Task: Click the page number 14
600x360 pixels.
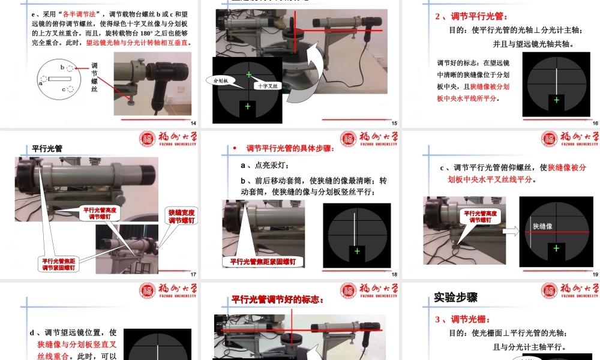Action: pyautogui.click(x=194, y=124)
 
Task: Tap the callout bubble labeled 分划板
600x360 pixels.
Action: pyautogui.click(x=218, y=80)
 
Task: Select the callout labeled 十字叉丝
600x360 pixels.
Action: pyautogui.click(x=268, y=86)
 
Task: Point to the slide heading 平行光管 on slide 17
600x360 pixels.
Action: pyautogui.click(x=47, y=148)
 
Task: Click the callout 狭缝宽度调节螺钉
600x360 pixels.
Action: pyautogui.click(x=181, y=217)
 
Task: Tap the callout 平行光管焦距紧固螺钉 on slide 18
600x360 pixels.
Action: pyautogui.click(x=263, y=262)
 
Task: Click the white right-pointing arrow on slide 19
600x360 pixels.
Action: pyautogui.click(x=510, y=231)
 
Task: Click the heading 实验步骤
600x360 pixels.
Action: pyautogui.click(x=455, y=297)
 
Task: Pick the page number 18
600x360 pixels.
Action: pyautogui.click(x=394, y=275)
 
